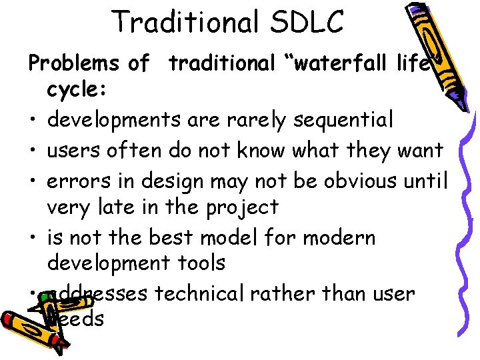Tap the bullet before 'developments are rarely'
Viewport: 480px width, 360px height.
click(32, 122)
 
